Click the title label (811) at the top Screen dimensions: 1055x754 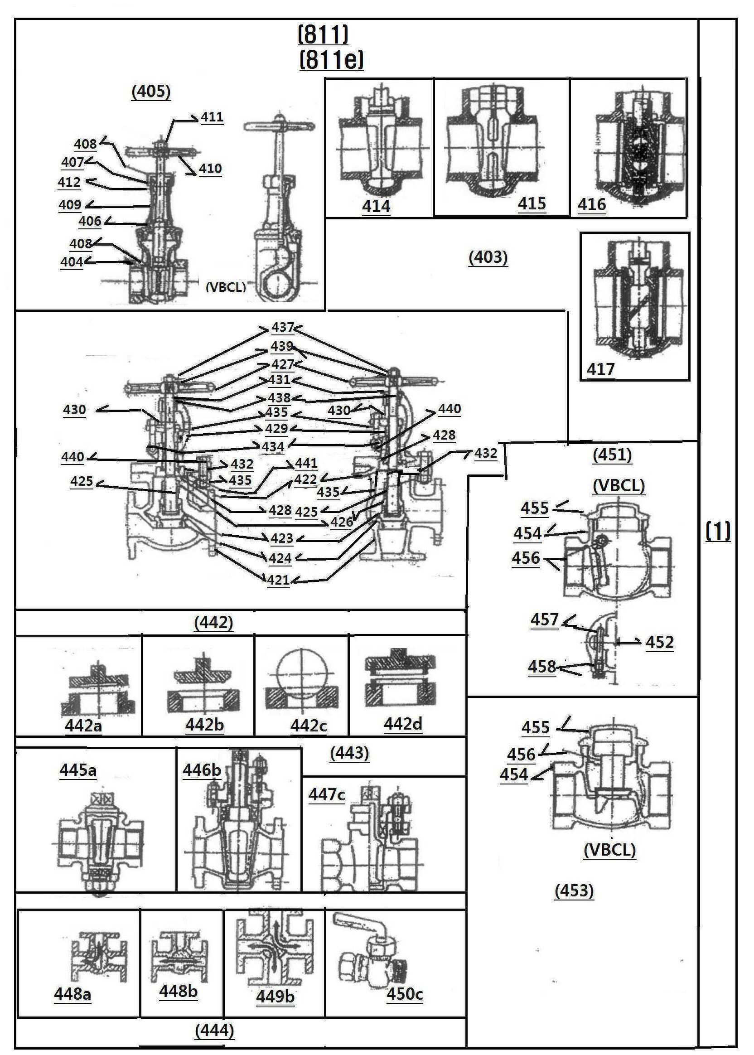coord(323,34)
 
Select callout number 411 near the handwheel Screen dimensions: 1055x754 coord(212,117)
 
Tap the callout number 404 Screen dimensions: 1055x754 coord(72,262)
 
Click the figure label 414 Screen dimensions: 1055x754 coord(376,206)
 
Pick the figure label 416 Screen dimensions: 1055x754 coord(591,204)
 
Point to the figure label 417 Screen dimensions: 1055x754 coord(600,370)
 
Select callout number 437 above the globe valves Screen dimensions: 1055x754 coord(282,327)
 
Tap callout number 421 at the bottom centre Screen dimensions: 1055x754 coord(278,580)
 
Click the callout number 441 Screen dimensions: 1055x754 coord(306,463)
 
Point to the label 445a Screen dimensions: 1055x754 coord(77,770)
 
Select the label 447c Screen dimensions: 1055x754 coord(327,794)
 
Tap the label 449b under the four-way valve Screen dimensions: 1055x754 coord(275,997)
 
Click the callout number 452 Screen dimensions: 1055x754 coord(659,642)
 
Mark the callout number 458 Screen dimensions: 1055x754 coord(542,667)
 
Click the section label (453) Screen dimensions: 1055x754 coord(574,890)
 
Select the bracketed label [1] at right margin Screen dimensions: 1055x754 coord(718,531)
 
